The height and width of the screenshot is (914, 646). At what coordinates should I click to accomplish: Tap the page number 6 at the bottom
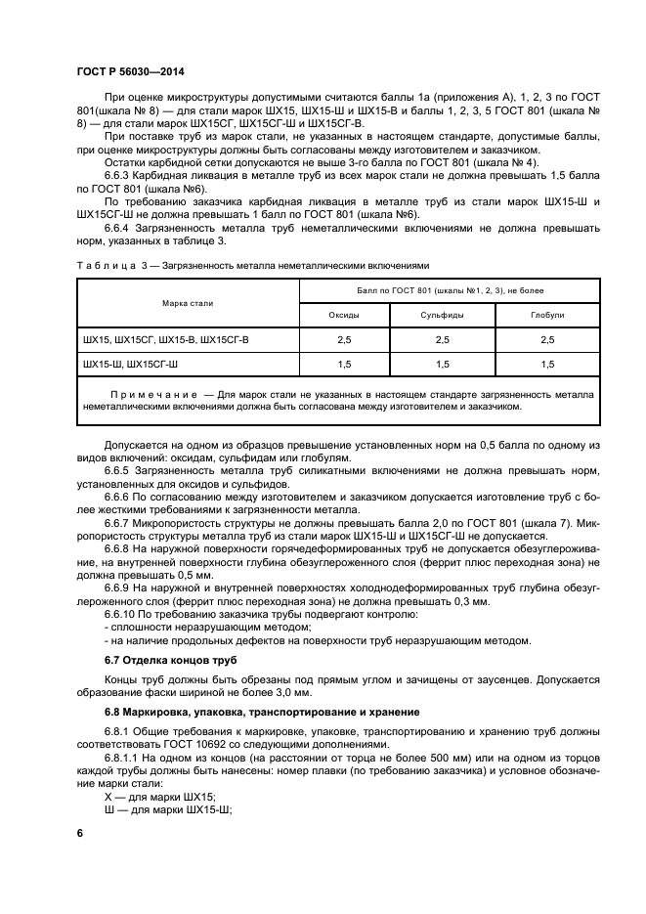coord(80,832)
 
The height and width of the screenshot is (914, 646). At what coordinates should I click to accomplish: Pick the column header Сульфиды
coord(442,315)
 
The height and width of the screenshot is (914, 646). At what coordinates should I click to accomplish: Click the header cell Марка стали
coord(189,303)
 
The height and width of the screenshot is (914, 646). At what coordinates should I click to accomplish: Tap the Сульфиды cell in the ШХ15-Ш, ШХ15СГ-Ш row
coord(442,364)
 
